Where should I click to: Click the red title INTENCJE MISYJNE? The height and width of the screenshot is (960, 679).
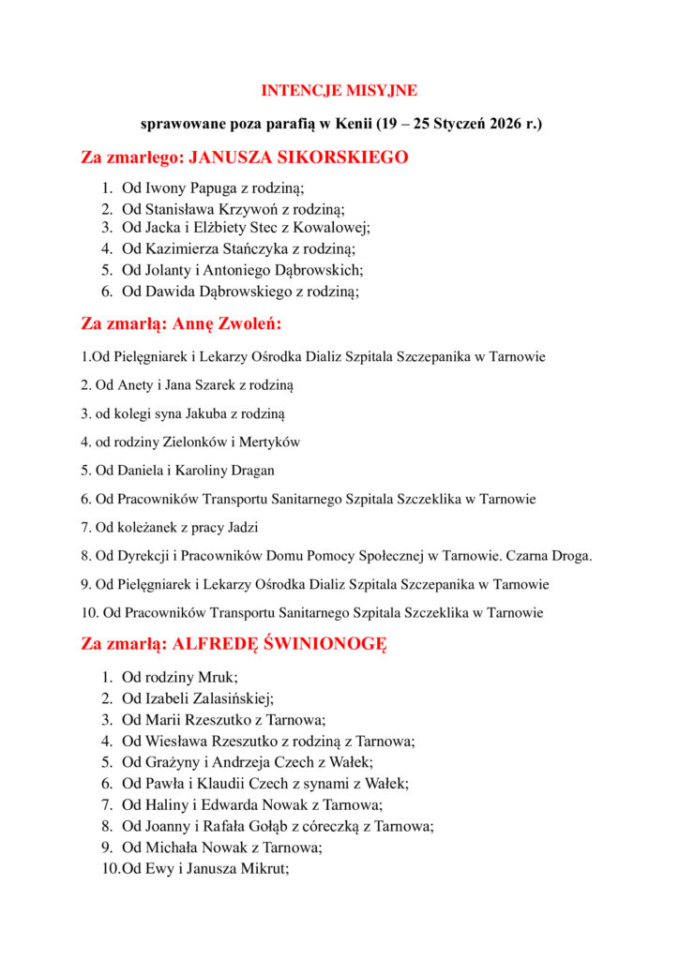[339, 91]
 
